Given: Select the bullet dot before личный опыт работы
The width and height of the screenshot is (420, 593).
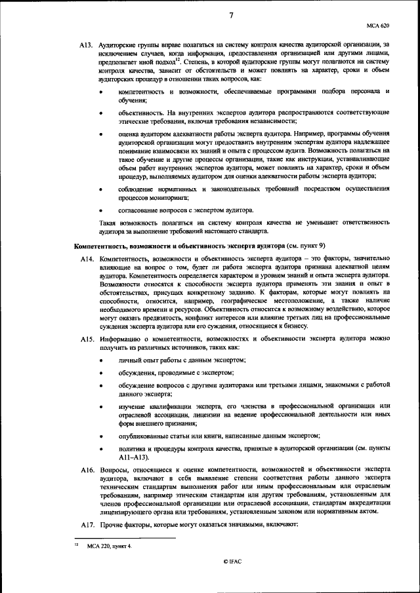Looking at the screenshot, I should click(100, 360).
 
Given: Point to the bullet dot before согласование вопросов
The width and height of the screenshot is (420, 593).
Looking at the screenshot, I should click(100, 211).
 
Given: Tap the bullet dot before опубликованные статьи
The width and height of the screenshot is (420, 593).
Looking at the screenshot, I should click(100, 435).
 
